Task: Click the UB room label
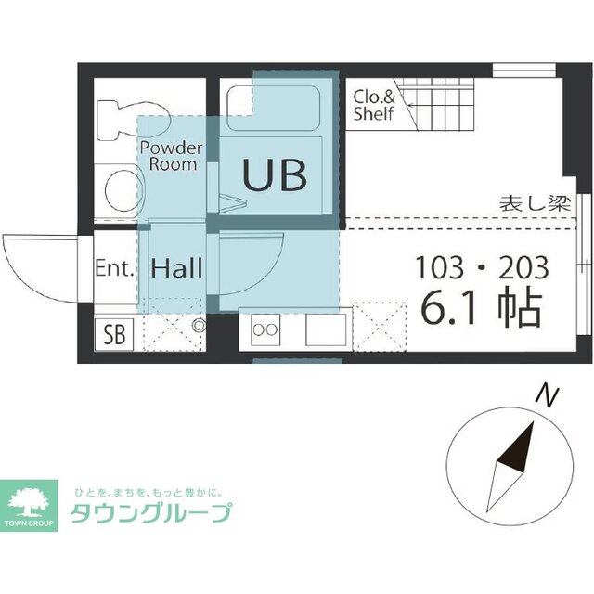(x=275, y=174)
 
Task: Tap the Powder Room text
(x=171, y=156)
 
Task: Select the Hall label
(x=176, y=270)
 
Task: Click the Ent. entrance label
(x=115, y=269)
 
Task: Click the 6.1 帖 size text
(x=481, y=310)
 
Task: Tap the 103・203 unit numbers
(x=482, y=268)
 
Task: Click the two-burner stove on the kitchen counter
(x=265, y=328)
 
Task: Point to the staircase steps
(x=445, y=103)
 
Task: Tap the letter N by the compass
(x=549, y=397)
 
